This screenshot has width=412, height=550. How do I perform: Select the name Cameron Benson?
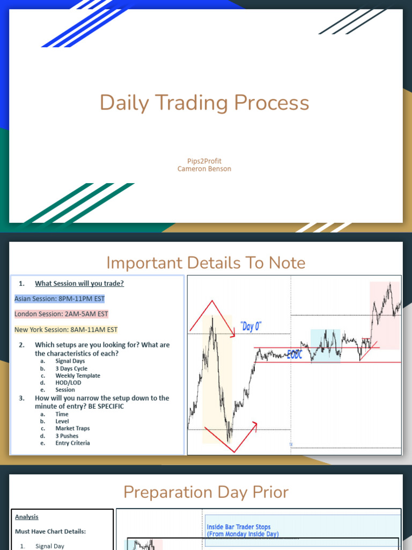[x=204, y=169]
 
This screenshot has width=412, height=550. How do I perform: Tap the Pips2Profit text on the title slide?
[x=204, y=161]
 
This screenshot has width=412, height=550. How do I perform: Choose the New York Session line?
[x=66, y=329]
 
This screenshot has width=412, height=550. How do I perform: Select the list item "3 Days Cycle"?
[x=71, y=369]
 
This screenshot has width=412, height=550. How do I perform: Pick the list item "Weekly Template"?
[x=78, y=376]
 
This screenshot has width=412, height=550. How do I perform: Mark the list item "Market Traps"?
[x=72, y=429]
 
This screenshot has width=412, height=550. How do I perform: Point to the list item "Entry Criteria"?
[x=72, y=443]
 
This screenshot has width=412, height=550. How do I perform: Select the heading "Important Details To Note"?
[x=206, y=263]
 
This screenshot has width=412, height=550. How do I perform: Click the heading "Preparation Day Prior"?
[x=206, y=492]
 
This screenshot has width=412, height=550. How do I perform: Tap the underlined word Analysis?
[x=27, y=517]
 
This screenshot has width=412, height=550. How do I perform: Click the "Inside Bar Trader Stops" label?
[x=239, y=527]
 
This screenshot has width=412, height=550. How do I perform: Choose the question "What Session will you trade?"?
[x=79, y=284]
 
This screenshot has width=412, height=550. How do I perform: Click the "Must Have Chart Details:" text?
[x=50, y=532]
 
